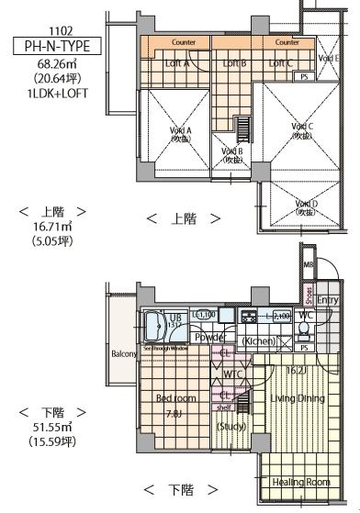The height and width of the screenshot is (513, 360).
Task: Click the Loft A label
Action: [175, 63]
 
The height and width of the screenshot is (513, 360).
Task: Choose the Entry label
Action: [328, 298]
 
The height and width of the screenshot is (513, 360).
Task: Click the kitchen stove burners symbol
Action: [248, 318]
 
